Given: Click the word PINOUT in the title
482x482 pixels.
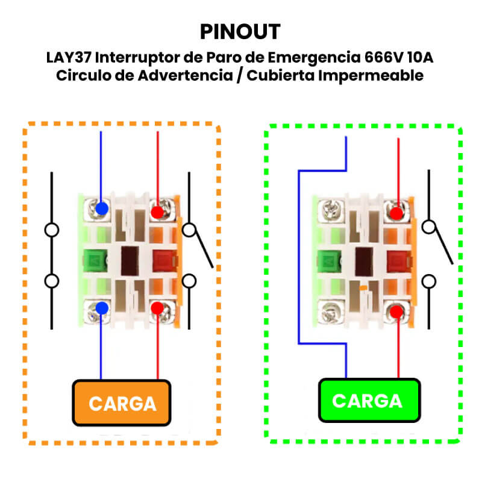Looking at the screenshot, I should point(240,31).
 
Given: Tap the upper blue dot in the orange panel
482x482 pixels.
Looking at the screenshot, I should point(102,208).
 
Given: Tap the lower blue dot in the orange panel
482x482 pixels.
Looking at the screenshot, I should point(102,308).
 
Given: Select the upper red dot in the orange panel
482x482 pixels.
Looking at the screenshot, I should point(157,212).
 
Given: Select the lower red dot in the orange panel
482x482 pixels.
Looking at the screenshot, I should point(157,308).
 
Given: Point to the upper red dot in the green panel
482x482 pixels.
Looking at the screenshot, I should point(396,213).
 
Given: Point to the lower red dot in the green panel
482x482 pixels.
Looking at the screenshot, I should point(396,311).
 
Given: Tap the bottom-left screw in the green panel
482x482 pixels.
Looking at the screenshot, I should point(329,312).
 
